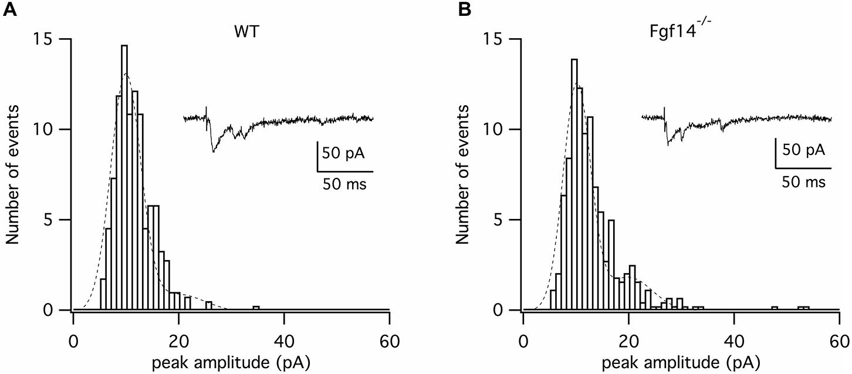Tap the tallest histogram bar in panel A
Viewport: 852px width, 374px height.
(x=124, y=176)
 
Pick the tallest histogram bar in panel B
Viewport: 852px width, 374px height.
(x=574, y=182)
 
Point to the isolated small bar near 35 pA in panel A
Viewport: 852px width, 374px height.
(x=256, y=308)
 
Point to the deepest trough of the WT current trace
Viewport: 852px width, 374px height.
(x=214, y=151)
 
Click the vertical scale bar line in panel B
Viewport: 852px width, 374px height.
(x=775, y=154)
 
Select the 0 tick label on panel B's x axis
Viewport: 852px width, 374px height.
(x=523, y=326)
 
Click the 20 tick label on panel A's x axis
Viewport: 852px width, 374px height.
(x=178, y=326)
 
